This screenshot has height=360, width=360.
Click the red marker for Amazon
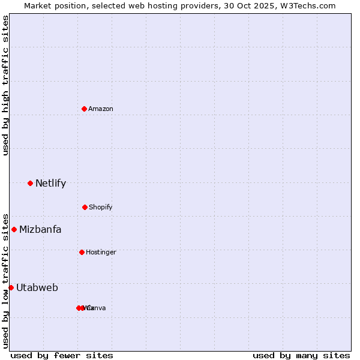84,109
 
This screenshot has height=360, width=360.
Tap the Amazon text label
101,109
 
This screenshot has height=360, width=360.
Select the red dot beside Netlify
30,183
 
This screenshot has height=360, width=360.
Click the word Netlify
50,184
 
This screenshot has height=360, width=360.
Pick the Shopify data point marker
85,207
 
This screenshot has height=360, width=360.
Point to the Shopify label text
101,207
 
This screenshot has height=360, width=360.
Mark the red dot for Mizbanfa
14,229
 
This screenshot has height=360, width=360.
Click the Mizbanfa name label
40,229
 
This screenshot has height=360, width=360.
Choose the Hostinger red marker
82,252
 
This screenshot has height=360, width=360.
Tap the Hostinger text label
101,252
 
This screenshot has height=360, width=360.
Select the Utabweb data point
11,287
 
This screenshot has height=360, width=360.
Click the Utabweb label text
37,287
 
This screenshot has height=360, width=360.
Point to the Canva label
97,308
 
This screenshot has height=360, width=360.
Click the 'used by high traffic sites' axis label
6,85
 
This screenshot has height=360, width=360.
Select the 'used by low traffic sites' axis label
6,280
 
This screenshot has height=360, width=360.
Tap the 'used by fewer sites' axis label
62,355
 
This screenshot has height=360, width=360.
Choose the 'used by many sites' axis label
301,355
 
